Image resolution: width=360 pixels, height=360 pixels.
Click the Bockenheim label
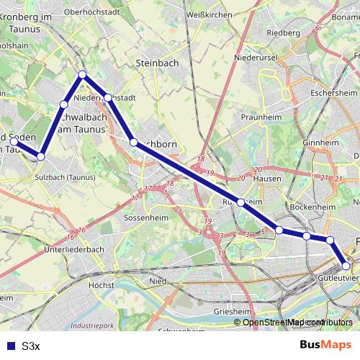(315, 207)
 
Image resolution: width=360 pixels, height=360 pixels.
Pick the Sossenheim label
(145, 217)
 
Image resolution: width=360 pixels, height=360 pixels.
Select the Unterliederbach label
(75, 249)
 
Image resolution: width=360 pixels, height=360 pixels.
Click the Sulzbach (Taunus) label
(65, 176)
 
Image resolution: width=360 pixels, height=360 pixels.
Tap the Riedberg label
(283, 32)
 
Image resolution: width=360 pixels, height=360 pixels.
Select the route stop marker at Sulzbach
(41, 156)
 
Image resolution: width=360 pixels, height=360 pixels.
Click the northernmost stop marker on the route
(83, 74)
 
